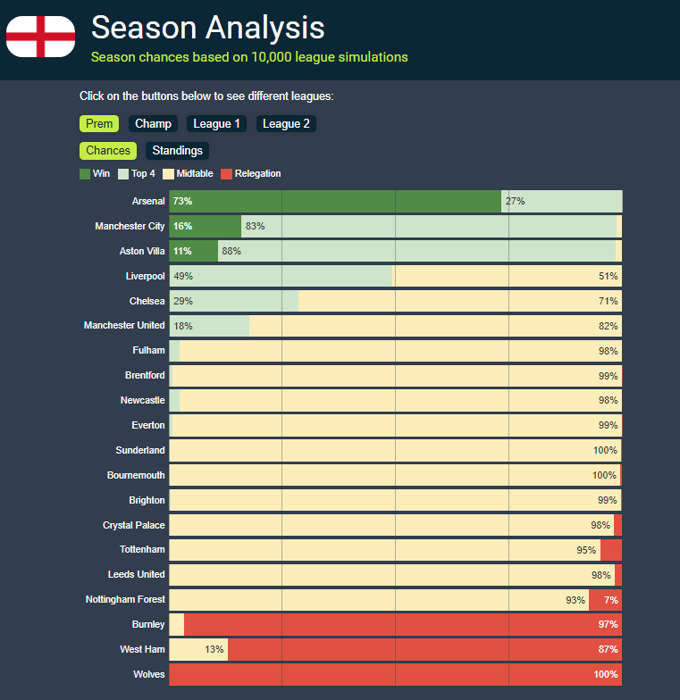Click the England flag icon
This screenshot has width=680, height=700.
[40, 37]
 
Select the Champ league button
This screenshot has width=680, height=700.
[153, 124]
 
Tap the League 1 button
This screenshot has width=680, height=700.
[216, 124]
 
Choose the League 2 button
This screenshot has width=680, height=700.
[286, 124]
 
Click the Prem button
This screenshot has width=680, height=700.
[99, 124]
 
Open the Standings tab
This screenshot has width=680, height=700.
[177, 151]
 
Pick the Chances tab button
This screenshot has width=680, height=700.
[108, 151]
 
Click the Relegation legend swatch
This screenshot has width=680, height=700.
[226, 174]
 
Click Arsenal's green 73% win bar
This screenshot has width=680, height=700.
[335, 202]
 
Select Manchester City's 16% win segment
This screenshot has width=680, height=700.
[205, 227]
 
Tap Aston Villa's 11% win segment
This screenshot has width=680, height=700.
[193, 252]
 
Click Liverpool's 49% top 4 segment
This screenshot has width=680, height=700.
[281, 277]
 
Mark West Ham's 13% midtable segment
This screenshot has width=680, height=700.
[198, 649]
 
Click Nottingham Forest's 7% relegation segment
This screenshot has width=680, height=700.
[605, 600]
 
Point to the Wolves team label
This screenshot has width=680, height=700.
[149, 675]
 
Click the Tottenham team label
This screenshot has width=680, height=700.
[142, 550]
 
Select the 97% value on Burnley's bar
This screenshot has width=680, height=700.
[608, 624]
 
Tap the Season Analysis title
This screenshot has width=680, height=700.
[207, 28]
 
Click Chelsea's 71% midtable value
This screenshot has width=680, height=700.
[608, 301]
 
